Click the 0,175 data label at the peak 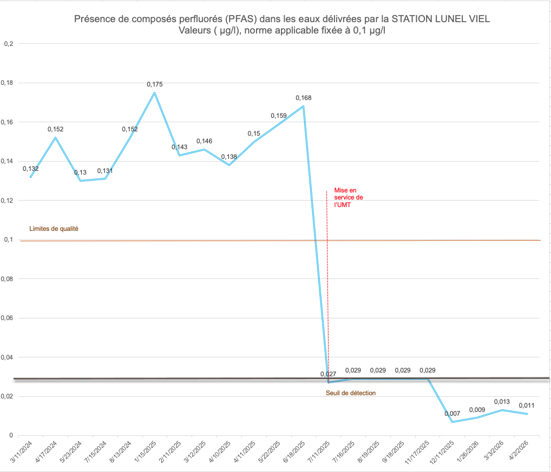click(x=155, y=84)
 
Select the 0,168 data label click(x=304, y=98)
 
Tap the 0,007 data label click(x=452, y=414)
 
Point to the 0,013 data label click(x=502, y=402)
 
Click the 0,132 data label click(x=31, y=169)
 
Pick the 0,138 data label click(x=229, y=157)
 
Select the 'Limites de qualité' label click(x=54, y=229)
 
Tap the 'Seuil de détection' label click(x=351, y=393)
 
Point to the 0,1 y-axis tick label click(x=9, y=240)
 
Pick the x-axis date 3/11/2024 click(x=21, y=453)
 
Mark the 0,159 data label click(x=279, y=116)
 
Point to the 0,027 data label click(x=329, y=374)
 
